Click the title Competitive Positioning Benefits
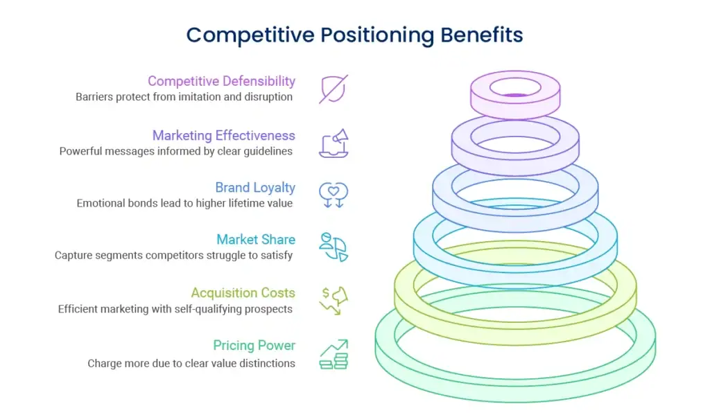pos(354,35)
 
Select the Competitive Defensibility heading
pos(221,82)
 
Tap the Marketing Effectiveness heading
pos(223,135)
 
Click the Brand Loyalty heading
pos(254,188)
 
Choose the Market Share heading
pos(255,240)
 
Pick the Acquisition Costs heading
pos(243,293)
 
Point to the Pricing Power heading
pos(254,346)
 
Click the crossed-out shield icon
pos(334,89)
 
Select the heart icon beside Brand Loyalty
pos(334,194)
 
